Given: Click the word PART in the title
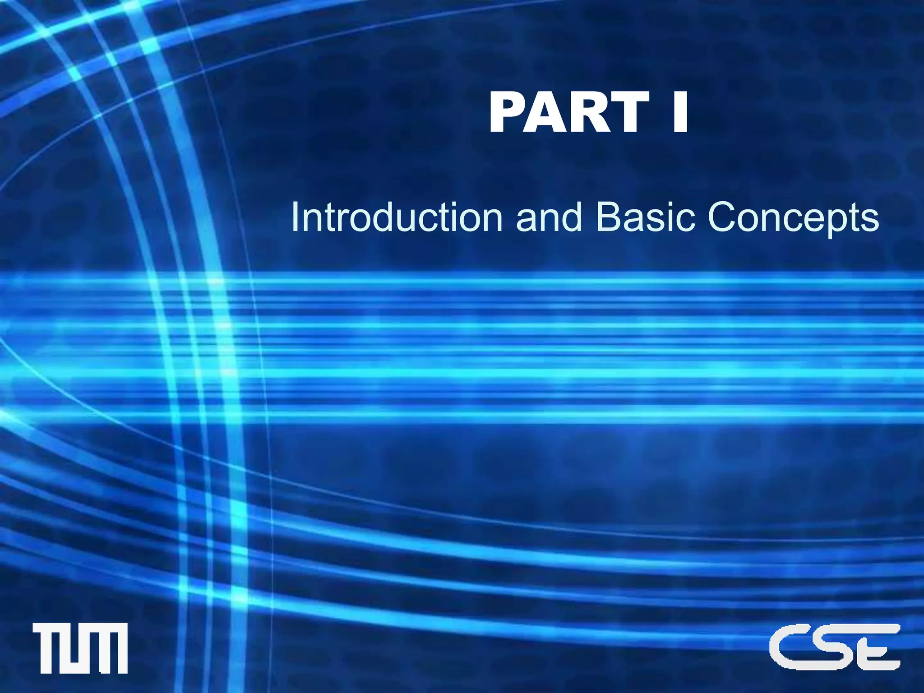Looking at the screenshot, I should (x=569, y=112).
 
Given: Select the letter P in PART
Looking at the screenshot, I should (x=509, y=112).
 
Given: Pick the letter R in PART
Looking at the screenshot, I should (x=590, y=112).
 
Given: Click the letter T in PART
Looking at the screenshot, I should (x=628, y=112).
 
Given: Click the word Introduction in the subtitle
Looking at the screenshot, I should (x=397, y=217).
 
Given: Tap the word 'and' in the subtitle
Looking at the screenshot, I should (x=549, y=217).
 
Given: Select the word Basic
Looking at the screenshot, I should (x=645, y=217).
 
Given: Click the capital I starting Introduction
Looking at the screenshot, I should (x=295, y=217).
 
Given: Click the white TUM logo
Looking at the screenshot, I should (x=80, y=648).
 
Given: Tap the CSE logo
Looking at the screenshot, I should (x=835, y=647).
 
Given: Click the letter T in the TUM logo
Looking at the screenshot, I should (x=47, y=648).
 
